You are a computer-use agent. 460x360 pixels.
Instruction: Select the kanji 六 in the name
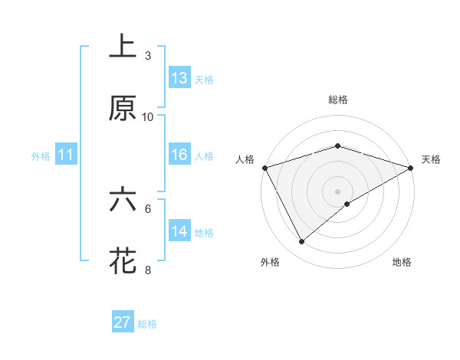pyautogui.click(x=123, y=200)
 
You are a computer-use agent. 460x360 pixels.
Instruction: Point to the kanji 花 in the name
pyautogui.click(x=123, y=260)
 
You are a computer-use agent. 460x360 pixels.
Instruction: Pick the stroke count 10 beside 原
pyautogui.click(x=148, y=117)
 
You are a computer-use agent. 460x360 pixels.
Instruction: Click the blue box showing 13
pyautogui.click(x=179, y=78)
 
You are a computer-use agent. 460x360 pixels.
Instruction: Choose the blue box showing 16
pyautogui.click(x=179, y=155)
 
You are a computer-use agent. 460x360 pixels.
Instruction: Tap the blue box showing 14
pyautogui.click(x=179, y=231)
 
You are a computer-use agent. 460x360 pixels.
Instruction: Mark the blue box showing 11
pyautogui.click(x=66, y=155)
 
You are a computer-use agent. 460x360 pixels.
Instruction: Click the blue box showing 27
pyautogui.click(x=123, y=322)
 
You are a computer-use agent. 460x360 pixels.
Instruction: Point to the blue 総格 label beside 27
pyautogui.click(x=147, y=324)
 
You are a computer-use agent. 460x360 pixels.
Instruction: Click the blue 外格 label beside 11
pyautogui.click(x=41, y=156)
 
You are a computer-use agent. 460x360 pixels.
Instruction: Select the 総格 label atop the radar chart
pyautogui.click(x=337, y=100)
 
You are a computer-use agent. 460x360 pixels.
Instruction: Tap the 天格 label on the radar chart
pyautogui.click(x=432, y=159)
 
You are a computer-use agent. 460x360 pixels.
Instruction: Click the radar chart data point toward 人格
pyautogui.click(x=264, y=168)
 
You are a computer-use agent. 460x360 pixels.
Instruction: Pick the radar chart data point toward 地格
pyautogui.click(x=347, y=204)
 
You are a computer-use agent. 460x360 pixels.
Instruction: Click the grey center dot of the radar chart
pyautogui.click(x=337, y=191)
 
